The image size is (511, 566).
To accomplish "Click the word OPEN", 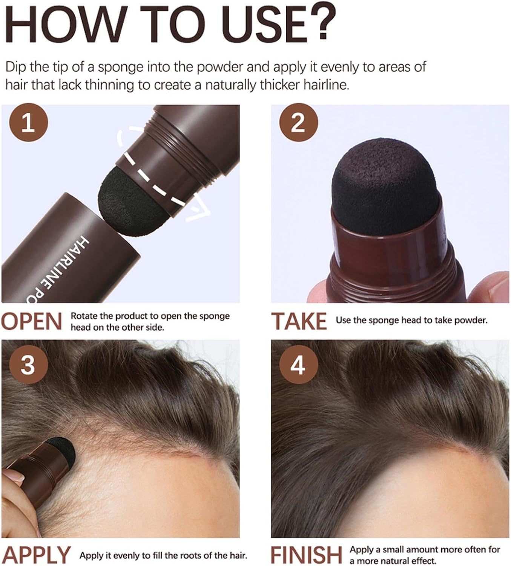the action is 31,321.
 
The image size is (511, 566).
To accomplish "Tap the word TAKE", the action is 299,321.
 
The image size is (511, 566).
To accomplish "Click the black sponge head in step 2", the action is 386,186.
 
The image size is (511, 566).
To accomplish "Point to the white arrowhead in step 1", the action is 199,212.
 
